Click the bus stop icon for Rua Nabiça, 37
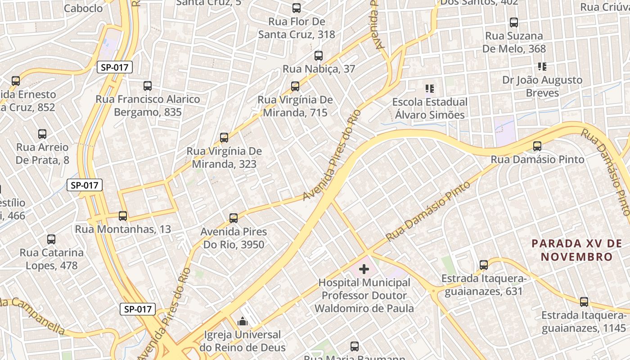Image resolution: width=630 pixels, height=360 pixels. coord(319,56)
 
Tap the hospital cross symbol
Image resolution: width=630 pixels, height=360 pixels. coord(364,269)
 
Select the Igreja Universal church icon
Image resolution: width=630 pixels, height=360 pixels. coord(243,321)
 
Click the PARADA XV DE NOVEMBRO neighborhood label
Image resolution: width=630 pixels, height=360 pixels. coord(576,250)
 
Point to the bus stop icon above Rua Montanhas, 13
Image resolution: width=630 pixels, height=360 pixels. coord(123,216)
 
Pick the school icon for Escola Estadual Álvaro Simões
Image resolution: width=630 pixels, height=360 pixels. coord(429,89)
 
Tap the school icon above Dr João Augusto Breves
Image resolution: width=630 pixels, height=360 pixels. coord(542,67)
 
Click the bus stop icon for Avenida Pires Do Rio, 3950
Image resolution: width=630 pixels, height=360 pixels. coord(234,218)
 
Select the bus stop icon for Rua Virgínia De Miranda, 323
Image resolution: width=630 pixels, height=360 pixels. coord(224,138)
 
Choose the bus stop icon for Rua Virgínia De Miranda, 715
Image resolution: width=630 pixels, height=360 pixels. coord(295,86)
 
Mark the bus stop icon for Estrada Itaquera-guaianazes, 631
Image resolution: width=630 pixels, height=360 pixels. coord(484,265)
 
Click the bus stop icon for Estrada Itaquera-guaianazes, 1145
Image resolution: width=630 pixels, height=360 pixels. coord(584,302)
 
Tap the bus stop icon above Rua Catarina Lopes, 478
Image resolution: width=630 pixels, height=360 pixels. coord(51,239)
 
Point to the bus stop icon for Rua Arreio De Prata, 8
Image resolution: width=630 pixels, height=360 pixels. coord(42,134)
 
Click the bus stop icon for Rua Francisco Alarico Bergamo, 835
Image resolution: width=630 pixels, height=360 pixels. coord(148,86)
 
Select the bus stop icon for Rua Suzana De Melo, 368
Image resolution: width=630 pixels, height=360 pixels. coord(514,22)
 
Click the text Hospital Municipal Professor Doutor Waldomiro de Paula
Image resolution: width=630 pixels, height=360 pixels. coord(364,296)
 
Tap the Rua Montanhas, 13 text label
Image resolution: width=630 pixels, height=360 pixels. coord(123,229)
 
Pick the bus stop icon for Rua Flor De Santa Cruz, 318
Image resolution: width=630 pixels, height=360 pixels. coord(297,8)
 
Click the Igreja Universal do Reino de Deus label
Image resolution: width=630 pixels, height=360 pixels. coord(243,341)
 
